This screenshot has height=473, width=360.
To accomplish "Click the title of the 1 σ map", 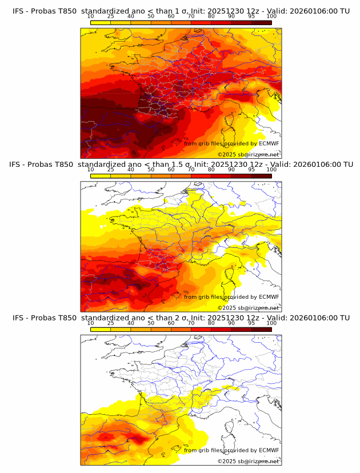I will tap(181, 11).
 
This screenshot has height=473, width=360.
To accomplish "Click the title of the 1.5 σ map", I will tap(181, 165).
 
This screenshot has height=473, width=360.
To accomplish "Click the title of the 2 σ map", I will tap(181, 318).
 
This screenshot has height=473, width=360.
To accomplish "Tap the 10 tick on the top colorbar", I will tap(91, 16).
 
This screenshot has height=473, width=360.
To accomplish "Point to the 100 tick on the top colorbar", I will tap(271, 16).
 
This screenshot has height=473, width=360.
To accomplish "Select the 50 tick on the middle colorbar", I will tap(151, 170).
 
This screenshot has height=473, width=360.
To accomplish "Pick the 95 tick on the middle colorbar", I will tap(251, 170).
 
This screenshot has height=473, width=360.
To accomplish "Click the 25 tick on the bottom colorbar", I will tap(111, 323).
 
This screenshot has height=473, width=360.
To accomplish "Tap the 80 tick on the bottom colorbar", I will tap(211, 323).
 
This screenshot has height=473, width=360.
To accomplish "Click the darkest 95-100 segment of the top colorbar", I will tap(261, 22).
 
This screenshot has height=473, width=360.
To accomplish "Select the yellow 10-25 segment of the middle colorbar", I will tap(101, 176).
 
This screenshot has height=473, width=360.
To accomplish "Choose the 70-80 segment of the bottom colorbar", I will tap(201, 330).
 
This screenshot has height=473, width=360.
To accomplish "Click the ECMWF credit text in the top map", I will tap(231, 143).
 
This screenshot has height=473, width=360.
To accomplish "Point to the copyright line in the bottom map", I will tap(248, 461).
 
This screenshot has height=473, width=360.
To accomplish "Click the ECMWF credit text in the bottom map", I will tap(231, 450).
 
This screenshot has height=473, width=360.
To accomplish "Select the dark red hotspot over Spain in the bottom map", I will tap(139, 439).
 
